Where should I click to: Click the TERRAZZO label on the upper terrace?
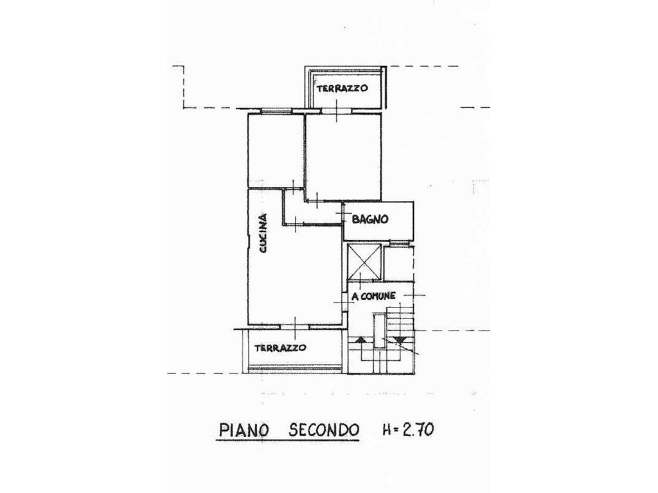[x=342, y=88]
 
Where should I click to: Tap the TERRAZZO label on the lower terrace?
[x=280, y=347]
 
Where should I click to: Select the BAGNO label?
[x=370, y=219]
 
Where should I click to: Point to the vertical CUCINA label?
[x=263, y=233]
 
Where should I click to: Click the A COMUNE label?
[x=373, y=296]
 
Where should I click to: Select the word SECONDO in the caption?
[x=324, y=430]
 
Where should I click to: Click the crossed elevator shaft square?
[x=364, y=262]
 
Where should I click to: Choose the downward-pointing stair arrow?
[x=400, y=340]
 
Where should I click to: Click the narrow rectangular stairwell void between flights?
[x=379, y=331]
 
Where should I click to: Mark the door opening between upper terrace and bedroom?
[x=337, y=110]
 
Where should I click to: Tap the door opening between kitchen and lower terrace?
[x=295, y=326]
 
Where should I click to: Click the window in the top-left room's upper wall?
[x=276, y=111]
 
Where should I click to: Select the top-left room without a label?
[x=276, y=150]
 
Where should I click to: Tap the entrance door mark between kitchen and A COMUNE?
[x=345, y=302]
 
